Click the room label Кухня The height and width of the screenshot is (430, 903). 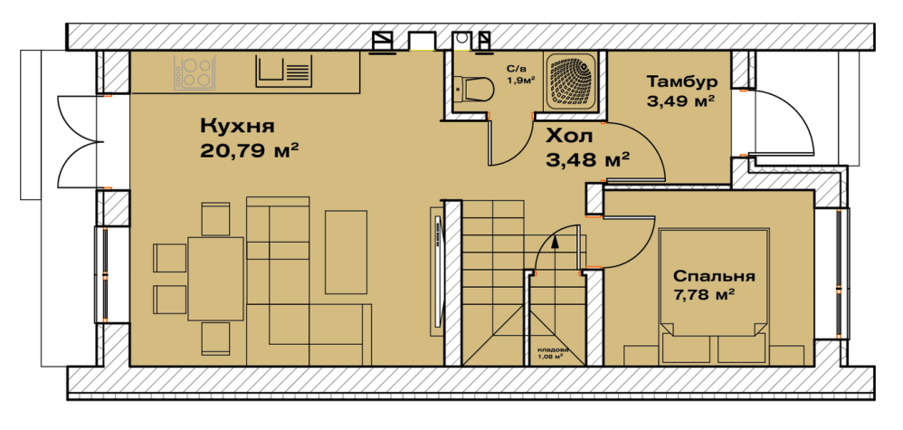click(x=237, y=126)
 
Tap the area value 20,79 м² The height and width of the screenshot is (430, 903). click(x=250, y=151)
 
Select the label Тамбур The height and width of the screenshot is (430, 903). click(x=682, y=81)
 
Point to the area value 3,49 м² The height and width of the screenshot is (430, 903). click(x=681, y=102)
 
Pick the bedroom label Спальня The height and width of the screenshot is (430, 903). click(x=714, y=276)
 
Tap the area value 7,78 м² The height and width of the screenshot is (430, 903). click(x=704, y=296)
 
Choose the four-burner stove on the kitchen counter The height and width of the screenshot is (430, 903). click(x=194, y=72)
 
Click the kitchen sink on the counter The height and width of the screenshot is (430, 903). click(x=284, y=71)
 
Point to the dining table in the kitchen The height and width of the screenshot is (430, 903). click(x=216, y=279)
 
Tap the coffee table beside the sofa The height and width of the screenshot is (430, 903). click(x=347, y=253)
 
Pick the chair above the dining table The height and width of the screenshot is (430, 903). click(x=216, y=219)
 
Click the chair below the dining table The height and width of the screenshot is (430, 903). click(x=216, y=339)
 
